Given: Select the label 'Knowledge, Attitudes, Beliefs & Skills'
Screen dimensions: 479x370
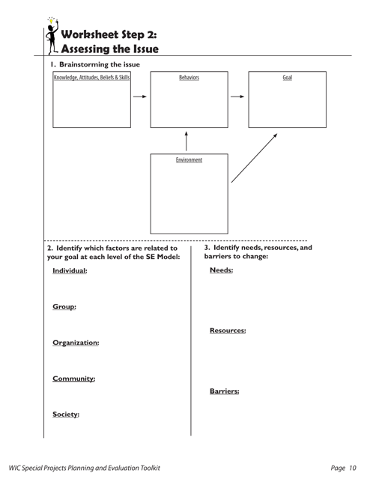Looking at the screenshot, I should click(91, 77).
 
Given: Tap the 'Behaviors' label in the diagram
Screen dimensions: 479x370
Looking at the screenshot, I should click(189, 77).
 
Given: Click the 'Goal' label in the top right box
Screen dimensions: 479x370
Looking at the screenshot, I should click(287, 77).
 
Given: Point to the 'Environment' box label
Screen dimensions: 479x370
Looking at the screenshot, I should click(189, 160).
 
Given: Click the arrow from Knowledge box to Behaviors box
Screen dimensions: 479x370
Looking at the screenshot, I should click(139, 97).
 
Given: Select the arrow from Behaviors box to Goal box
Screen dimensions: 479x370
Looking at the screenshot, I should click(237, 97).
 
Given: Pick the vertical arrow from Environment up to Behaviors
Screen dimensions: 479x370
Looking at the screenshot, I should click(186, 142).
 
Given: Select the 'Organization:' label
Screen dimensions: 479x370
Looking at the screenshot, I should click(76, 343).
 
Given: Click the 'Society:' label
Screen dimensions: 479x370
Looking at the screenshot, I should click(66, 414).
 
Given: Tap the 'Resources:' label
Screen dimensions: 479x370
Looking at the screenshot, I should click(228, 330).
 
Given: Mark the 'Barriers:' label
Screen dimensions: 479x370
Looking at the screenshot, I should click(224, 391).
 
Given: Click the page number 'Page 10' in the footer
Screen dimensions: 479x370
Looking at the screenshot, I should click(343, 467).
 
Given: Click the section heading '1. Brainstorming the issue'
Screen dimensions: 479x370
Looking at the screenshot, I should click(94, 64).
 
